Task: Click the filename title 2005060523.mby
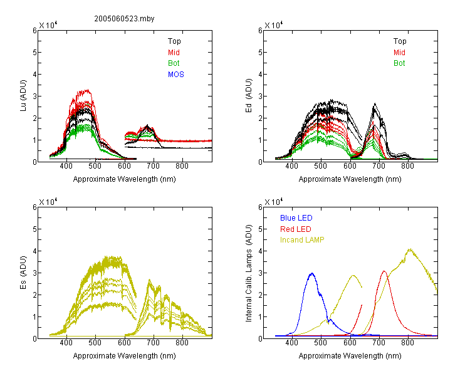tap(124, 19)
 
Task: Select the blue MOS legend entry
tap(176, 75)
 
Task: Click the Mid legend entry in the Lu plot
tap(174, 53)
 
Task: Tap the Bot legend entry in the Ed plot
tap(399, 63)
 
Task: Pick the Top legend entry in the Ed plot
tap(400, 41)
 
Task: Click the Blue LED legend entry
tap(296, 218)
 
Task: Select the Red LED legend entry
tap(296, 229)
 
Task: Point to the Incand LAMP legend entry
tap(302, 240)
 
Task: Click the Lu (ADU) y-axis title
tap(23, 96)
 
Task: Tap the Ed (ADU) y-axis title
tap(249, 96)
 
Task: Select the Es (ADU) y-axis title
tap(23, 273)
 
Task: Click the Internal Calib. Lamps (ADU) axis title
tap(249, 273)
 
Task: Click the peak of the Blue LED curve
tap(312, 273)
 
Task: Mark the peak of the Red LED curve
tap(384, 271)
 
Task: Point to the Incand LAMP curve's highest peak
tap(410, 249)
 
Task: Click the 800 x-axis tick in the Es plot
tap(182, 343)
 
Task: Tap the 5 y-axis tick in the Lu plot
tap(34, 53)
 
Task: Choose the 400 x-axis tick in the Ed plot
tap(291, 166)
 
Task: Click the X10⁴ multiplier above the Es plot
tap(48, 202)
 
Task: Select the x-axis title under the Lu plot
tap(125, 179)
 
